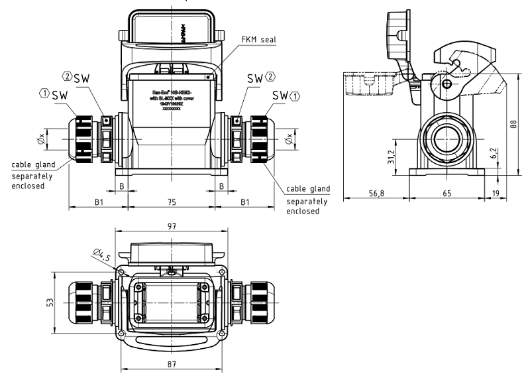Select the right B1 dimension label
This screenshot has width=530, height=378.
245,202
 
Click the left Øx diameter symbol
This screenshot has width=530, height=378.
42,139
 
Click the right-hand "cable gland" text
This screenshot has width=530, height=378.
307,188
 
